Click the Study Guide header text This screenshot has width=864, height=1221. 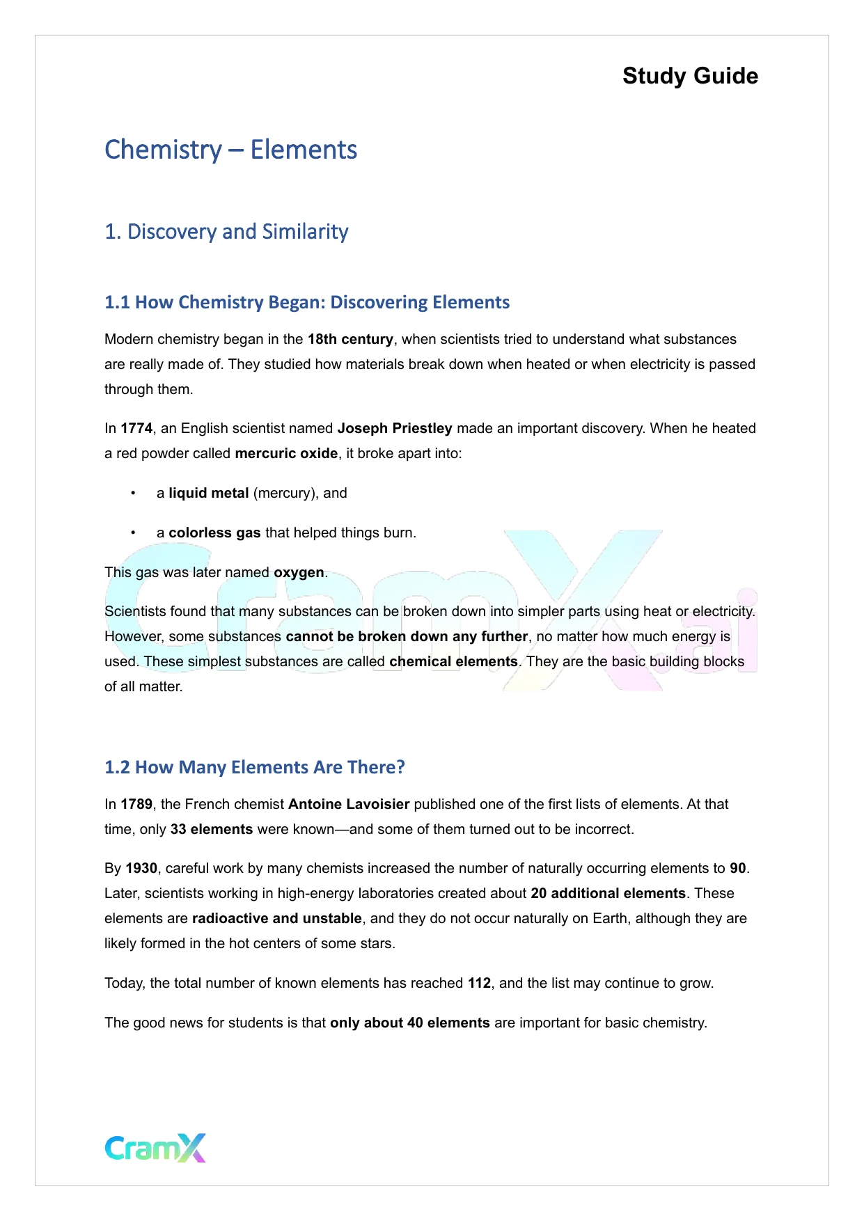pyautogui.click(x=690, y=76)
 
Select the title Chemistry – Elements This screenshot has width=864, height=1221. pyautogui.click(x=230, y=150)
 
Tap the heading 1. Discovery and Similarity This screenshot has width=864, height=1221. pyautogui.click(x=226, y=232)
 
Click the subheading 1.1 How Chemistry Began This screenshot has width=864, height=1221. pyautogui.click(x=306, y=302)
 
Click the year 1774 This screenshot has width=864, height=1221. pyautogui.click(x=136, y=429)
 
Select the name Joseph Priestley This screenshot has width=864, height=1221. pyautogui.click(x=395, y=429)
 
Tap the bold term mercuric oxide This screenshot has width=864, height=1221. pyautogui.click(x=286, y=454)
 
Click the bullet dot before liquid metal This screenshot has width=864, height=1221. pyautogui.click(x=132, y=494)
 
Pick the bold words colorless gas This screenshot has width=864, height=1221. pyautogui.click(x=214, y=533)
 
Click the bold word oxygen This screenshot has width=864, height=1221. pyautogui.click(x=299, y=573)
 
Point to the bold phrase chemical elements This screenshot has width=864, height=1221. pyautogui.click(x=453, y=662)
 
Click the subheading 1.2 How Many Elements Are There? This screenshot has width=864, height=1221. pyautogui.click(x=255, y=767)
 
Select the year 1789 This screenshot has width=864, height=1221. pyautogui.click(x=136, y=805)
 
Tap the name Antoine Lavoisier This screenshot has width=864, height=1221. pyautogui.click(x=349, y=805)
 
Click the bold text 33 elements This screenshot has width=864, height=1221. pyautogui.click(x=212, y=830)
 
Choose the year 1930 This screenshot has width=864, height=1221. pyautogui.click(x=141, y=869)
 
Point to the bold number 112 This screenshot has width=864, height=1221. pyautogui.click(x=479, y=984)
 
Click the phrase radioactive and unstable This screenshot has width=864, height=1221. pyautogui.click(x=277, y=919)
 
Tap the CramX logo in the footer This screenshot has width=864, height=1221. pyautogui.click(x=155, y=1148)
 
